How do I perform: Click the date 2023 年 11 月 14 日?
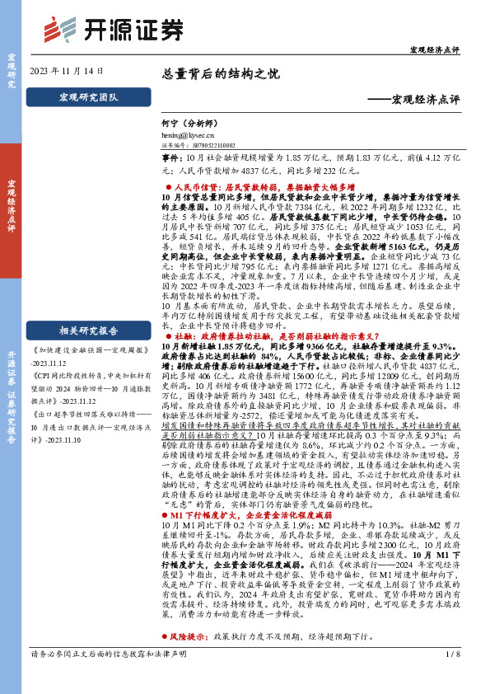click(x=67, y=71)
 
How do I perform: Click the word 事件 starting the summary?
click(x=170, y=157)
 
